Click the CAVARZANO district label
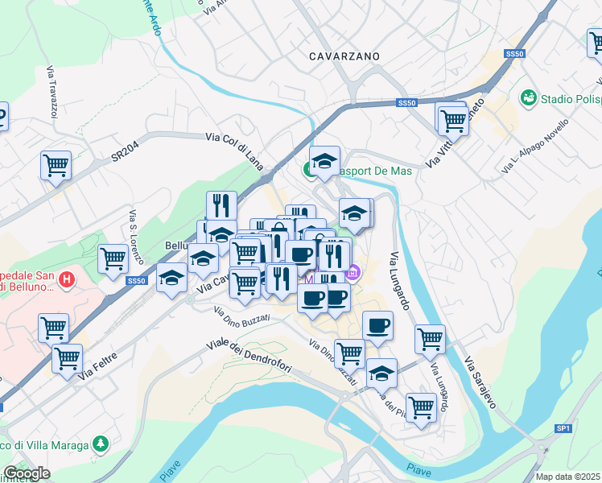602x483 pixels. click(x=344, y=56)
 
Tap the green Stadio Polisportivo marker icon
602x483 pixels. click(x=529, y=98)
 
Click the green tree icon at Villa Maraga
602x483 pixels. click(x=100, y=444)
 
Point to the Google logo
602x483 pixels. click(x=26, y=473)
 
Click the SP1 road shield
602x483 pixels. click(x=563, y=428)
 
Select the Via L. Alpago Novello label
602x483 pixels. click(x=535, y=146)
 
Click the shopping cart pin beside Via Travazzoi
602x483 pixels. click(x=56, y=165)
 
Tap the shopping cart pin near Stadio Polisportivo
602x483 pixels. click(x=453, y=119)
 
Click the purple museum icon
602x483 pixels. click(x=352, y=275)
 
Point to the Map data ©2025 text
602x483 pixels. click(x=568, y=477)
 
